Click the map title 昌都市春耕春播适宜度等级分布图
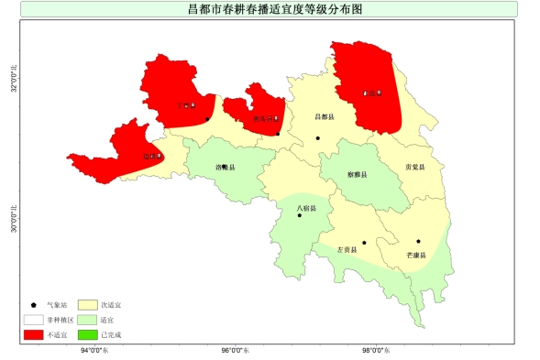[269, 8]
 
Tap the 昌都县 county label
[324, 117]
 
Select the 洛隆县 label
[225, 168]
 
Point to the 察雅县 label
[358, 174]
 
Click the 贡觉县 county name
[414, 168]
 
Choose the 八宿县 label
[306, 209]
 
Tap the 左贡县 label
[347, 249]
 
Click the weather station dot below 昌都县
[318, 138]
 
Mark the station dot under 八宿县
[299, 216]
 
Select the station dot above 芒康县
[418, 242]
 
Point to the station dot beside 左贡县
[364, 243]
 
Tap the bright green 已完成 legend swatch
[87, 334]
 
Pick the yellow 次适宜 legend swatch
[87, 304]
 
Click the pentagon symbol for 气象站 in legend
[34, 304]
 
